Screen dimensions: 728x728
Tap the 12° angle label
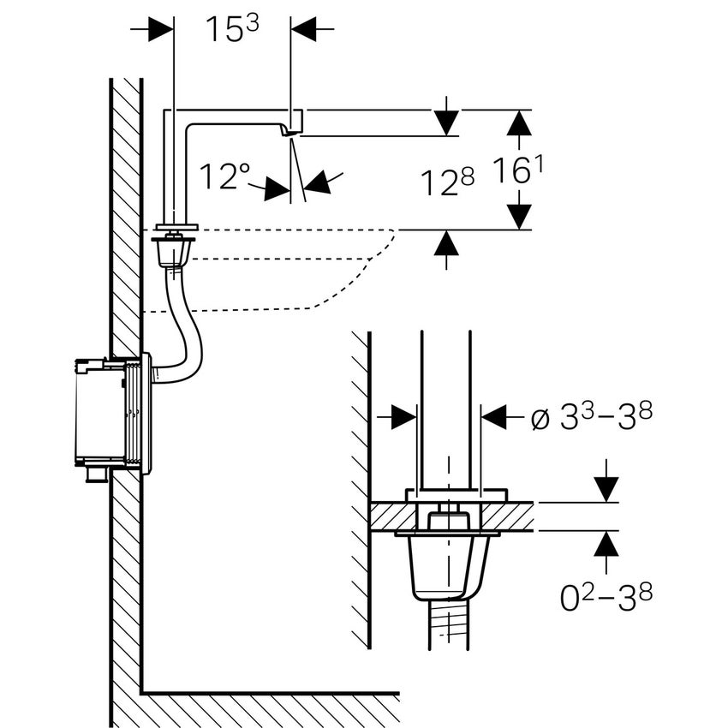(224, 176)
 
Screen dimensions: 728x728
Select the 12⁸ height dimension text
(446, 182)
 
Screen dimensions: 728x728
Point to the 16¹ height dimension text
(517, 170)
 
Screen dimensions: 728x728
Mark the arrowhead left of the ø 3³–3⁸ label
(403, 417)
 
